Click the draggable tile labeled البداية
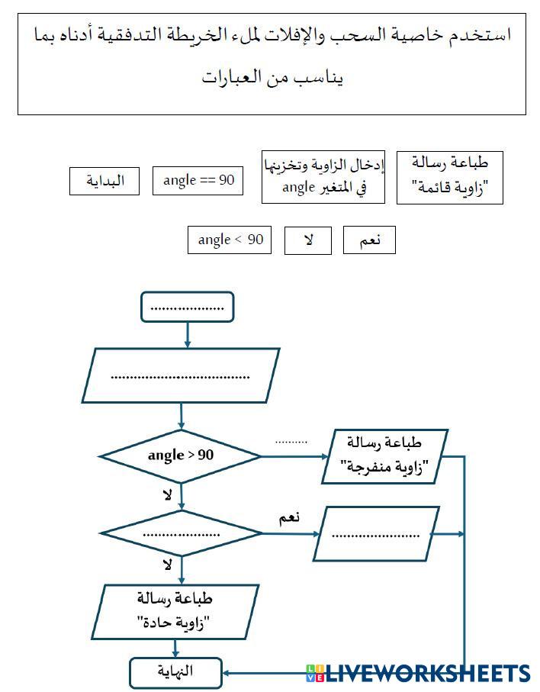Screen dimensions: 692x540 click(104, 182)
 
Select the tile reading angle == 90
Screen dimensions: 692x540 click(198, 181)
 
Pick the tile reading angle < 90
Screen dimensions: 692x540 click(230, 240)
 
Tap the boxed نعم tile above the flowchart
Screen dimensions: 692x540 click(369, 240)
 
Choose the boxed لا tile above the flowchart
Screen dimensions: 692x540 click(308, 240)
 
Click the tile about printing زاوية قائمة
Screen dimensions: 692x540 click(450, 177)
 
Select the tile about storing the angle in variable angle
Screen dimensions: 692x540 click(323, 177)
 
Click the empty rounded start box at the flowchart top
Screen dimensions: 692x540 click(188, 307)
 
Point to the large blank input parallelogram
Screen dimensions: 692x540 click(182, 375)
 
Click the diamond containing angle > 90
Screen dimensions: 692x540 click(181, 456)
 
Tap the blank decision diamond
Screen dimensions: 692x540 click(181, 533)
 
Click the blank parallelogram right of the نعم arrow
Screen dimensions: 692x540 click(371, 534)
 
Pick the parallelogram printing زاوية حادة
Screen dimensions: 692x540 click(177, 611)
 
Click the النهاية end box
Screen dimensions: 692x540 click(176, 672)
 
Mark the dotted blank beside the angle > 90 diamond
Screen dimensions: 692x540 click(291, 441)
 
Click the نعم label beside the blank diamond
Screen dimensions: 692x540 click(289, 517)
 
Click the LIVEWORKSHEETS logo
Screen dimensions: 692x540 click(418, 673)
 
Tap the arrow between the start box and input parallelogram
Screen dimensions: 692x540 click(188, 335)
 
